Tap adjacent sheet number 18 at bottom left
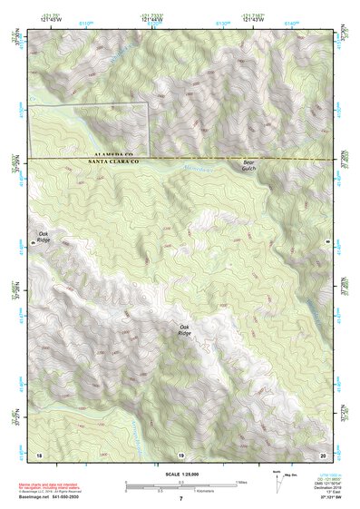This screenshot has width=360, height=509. pos(38,453)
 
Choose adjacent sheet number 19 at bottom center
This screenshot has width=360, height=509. pos(180,453)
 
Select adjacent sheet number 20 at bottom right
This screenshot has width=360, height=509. pos(323,453)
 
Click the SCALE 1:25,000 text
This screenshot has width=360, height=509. pos(180,475)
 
